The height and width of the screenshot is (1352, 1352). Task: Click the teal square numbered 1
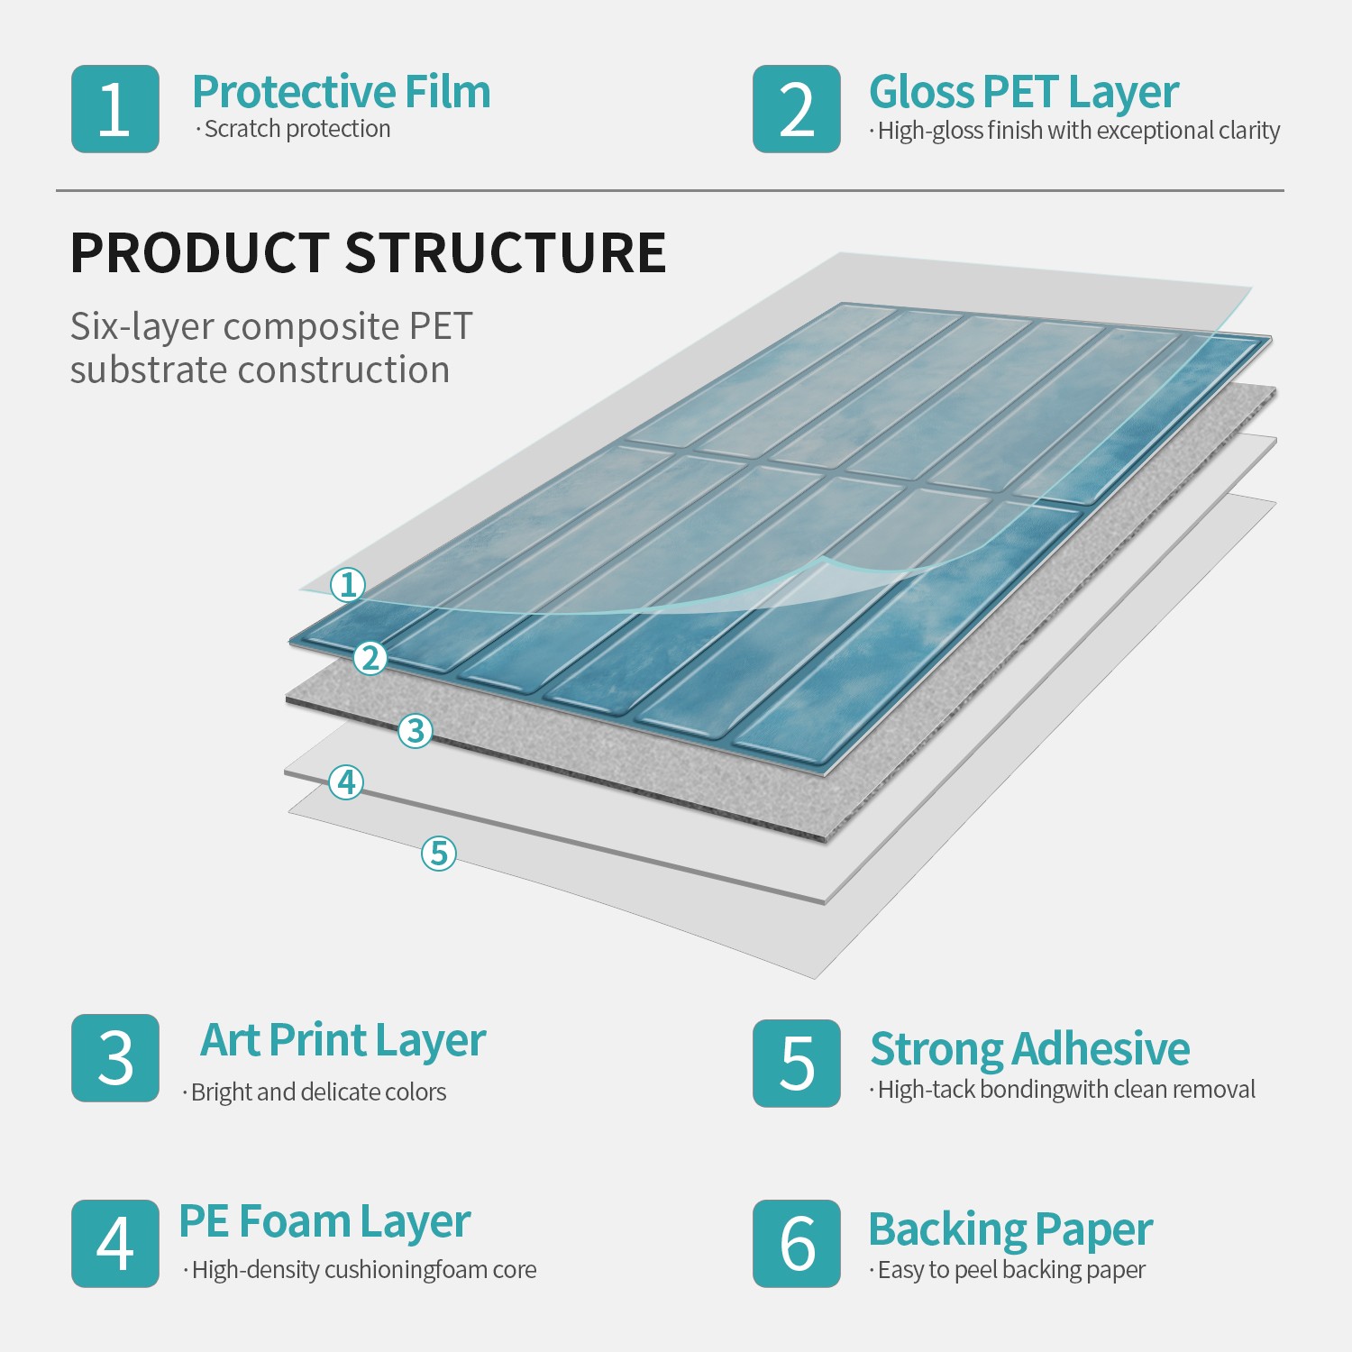pos(115,109)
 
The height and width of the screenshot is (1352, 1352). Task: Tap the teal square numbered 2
pos(797,109)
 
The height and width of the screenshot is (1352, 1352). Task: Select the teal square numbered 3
pos(115,1058)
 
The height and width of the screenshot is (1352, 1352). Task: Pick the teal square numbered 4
pos(115,1244)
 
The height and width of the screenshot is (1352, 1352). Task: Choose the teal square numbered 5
pos(797,1064)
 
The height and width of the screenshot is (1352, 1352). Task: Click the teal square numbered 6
pos(797,1244)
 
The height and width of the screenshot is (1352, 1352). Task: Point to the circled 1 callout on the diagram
pos(348,585)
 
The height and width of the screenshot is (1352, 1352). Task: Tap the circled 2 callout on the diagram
pos(370,658)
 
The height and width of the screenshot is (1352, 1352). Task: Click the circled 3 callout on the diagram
pos(416,730)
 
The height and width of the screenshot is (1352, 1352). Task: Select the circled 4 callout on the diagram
pos(347,782)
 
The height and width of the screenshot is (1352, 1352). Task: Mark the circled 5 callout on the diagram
pos(439,853)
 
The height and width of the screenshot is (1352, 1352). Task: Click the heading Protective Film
pos(342,92)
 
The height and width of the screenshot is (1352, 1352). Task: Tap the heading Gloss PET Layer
pos(1024,94)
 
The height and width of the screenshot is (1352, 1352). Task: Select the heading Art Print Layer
pos(343,1042)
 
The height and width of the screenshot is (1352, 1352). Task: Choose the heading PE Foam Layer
pos(324,1224)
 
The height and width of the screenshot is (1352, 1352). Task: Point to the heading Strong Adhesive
pos(1030,1049)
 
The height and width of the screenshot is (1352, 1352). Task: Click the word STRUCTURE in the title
pos(507,252)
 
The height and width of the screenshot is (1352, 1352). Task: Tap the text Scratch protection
pos(297,129)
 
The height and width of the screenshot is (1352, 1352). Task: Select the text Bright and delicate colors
pos(319,1092)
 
